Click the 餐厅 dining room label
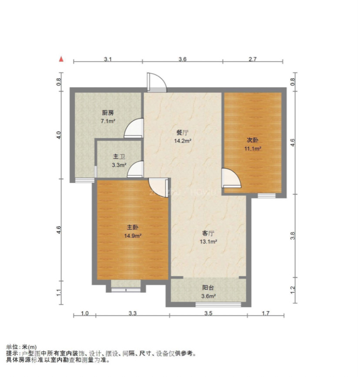click(x=183, y=133)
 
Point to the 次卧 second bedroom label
click(x=253, y=140)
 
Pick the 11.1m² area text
click(x=253, y=149)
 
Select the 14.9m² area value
click(x=133, y=235)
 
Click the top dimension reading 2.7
click(x=253, y=60)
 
